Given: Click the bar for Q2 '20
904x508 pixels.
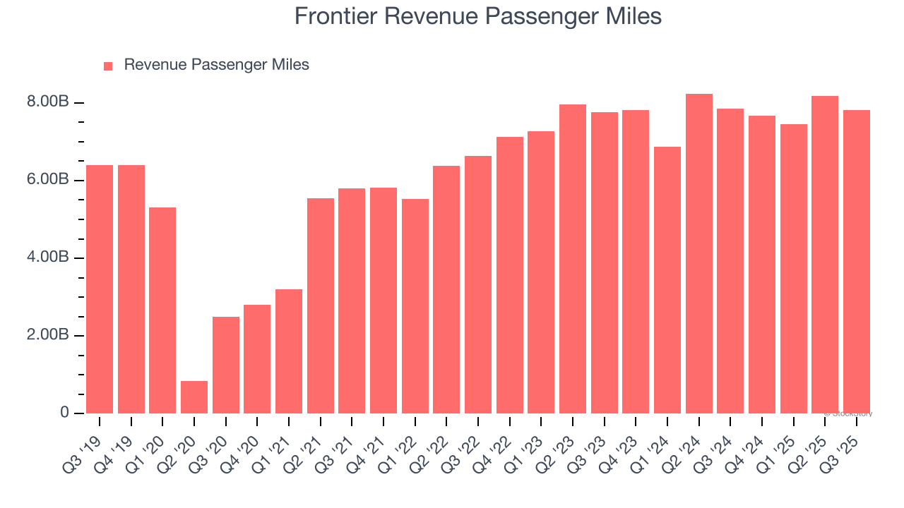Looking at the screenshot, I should tap(194, 397).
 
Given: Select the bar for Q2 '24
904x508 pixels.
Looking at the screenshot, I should tap(698, 253).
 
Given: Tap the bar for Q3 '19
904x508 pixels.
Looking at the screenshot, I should tap(100, 289).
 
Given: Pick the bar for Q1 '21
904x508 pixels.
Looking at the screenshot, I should tap(289, 351).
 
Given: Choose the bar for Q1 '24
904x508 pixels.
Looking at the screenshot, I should tap(667, 279).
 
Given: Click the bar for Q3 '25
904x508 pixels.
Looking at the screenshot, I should tap(857, 261).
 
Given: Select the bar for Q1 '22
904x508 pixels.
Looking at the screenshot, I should tap(415, 306).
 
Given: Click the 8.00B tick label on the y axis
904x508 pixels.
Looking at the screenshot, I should tap(49, 103).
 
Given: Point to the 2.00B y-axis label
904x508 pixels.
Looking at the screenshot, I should tap(49, 335).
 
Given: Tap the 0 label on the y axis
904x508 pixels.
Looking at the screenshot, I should tap(64, 413).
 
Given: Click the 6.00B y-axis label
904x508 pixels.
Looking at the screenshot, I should tap(49, 181).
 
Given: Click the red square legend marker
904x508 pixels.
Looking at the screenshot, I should tap(108, 66).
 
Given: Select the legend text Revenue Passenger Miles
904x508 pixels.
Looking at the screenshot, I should tap(216, 65).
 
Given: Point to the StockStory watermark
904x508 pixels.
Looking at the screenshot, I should tap(850, 413).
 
